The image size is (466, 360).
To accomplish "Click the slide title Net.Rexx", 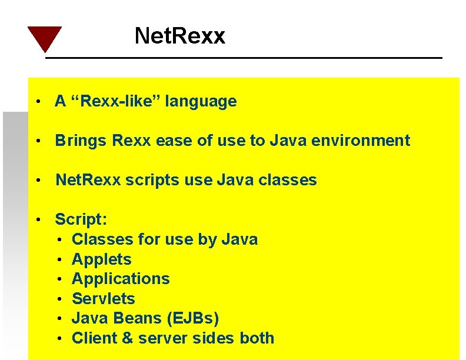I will point(179,36).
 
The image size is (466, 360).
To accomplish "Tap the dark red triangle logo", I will point(44,38).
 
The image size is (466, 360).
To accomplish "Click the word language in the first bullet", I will point(201,102).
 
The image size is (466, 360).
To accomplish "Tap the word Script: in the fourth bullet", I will point(81,219).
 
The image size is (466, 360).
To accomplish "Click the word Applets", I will point(101,259).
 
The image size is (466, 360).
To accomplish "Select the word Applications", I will point(121,279).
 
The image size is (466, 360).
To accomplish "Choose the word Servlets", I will point(103,299).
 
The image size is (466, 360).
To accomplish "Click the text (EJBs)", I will point(192,318).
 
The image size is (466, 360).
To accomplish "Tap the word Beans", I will point(138,318).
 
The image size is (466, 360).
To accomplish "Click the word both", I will point(257,338).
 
